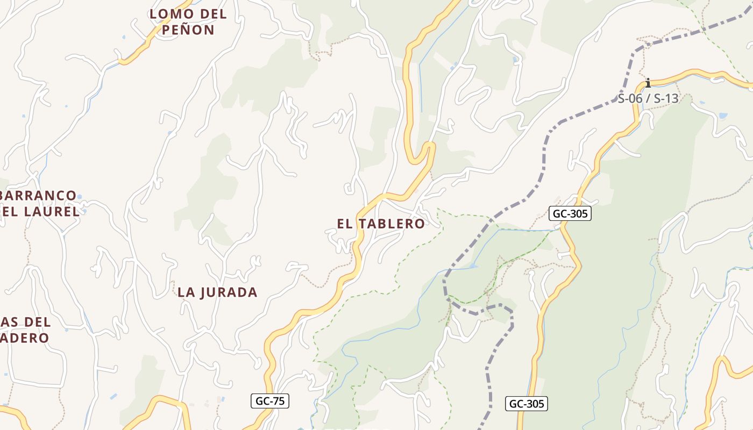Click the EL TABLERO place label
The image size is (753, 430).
pyautogui.click(x=381, y=224)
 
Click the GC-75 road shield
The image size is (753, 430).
pyautogui.click(x=270, y=401)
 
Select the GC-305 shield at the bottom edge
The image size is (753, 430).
pyautogui.click(x=526, y=404)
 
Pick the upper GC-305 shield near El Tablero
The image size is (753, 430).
pyautogui.click(x=570, y=213)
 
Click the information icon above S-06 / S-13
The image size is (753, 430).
pyautogui.click(x=648, y=83)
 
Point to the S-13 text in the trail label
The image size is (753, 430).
pyautogui.click(x=666, y=99)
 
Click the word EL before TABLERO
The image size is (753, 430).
pyautogui.click(x=345, y=224)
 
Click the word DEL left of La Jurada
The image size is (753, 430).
pyautogui.click(x=38, y=322)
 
